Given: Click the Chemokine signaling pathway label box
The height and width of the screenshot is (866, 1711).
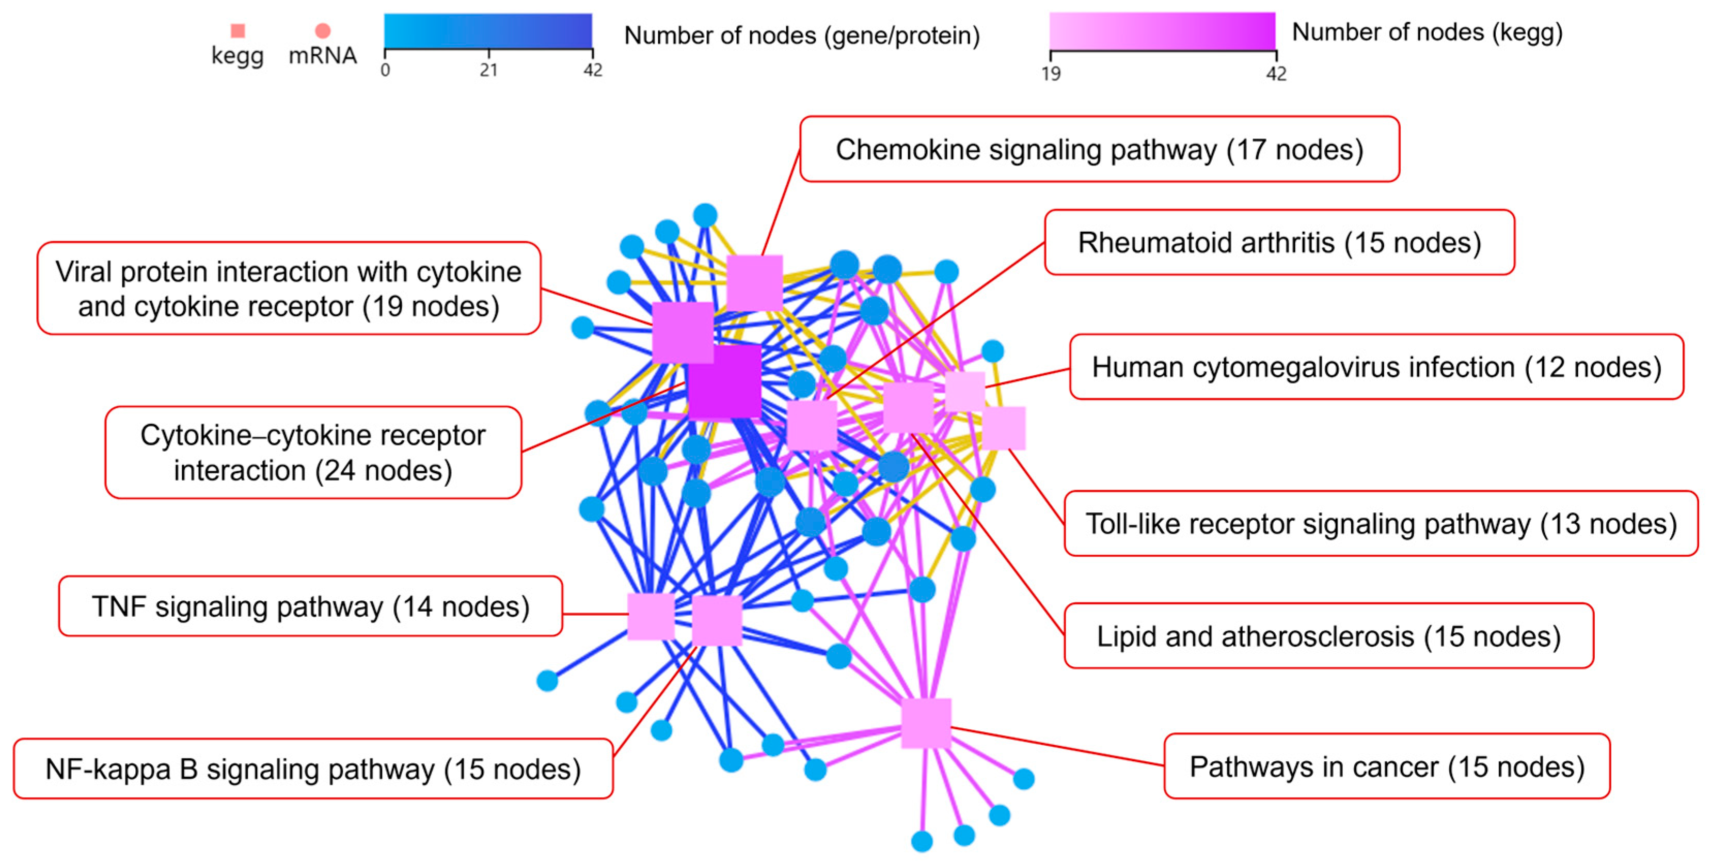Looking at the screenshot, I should [1099, 150].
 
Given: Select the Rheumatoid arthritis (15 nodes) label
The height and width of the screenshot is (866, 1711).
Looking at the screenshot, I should [1279, 243].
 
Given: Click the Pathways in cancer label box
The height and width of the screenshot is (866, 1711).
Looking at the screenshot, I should [1387, 766].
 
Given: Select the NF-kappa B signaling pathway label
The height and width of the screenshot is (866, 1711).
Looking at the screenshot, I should [313, 768].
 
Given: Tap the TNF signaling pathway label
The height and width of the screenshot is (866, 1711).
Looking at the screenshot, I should [310, 606].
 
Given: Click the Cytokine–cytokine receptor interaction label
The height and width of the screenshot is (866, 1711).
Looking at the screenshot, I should [313, 452].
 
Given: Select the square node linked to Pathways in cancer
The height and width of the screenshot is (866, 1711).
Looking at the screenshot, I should [926, 723].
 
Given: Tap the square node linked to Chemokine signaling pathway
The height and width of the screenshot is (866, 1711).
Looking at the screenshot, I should [754, 283].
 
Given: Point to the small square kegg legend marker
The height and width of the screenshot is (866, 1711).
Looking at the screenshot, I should [237, 30].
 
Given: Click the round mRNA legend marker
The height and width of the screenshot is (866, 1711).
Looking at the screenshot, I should [323, 30].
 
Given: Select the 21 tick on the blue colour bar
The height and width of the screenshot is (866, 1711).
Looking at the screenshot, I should [489, 69].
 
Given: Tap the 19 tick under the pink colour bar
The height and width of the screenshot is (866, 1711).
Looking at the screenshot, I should [1051, 73].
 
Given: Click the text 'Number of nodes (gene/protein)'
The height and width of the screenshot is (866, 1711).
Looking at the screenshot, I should [802, 35].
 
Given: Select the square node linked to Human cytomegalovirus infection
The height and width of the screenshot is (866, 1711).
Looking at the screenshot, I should [965, 391].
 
